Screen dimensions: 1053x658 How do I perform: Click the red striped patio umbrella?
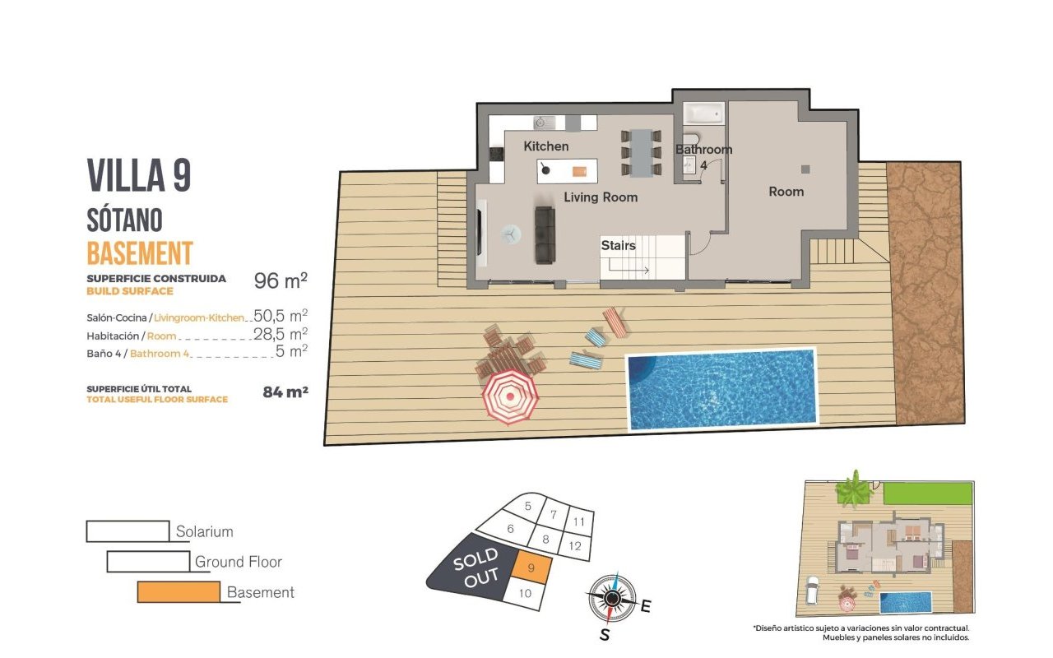click(x=510, y=397)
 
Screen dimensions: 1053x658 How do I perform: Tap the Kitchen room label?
click(x=545, y=146)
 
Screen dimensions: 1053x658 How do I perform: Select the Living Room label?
click(x=601, y=197)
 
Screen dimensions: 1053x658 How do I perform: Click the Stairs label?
click(x=618, y=245)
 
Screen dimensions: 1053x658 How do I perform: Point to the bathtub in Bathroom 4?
click(x=703, y=114)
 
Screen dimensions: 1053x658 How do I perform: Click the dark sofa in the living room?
click(x=545, y=234)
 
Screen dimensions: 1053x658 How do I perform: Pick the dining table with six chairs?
click(x=641, y=153)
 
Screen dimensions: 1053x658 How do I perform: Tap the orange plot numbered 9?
click(x=531, y=568)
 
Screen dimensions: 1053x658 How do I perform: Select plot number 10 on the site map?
click(x=525, y=593)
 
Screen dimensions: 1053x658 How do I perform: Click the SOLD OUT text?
click(x=475, y=568)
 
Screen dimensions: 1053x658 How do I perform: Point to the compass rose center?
click(x=611, y=598)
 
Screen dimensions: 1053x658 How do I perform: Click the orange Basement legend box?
click(x=179, y=591)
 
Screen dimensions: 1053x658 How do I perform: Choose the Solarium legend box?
click(x=128, y=531)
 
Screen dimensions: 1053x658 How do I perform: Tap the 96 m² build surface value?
click(x=281, y=280)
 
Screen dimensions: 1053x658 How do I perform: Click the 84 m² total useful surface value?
click(x=285, y=392)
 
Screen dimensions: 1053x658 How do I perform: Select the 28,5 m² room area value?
click(x=281, y=334)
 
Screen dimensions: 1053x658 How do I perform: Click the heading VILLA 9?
click(x=139, y=175)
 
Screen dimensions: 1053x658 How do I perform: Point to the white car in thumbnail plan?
click(x=813, y=591)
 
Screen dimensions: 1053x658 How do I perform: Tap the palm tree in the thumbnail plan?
click(x=854, y=489)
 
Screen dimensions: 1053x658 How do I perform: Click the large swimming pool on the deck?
click(x=721, y=389)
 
